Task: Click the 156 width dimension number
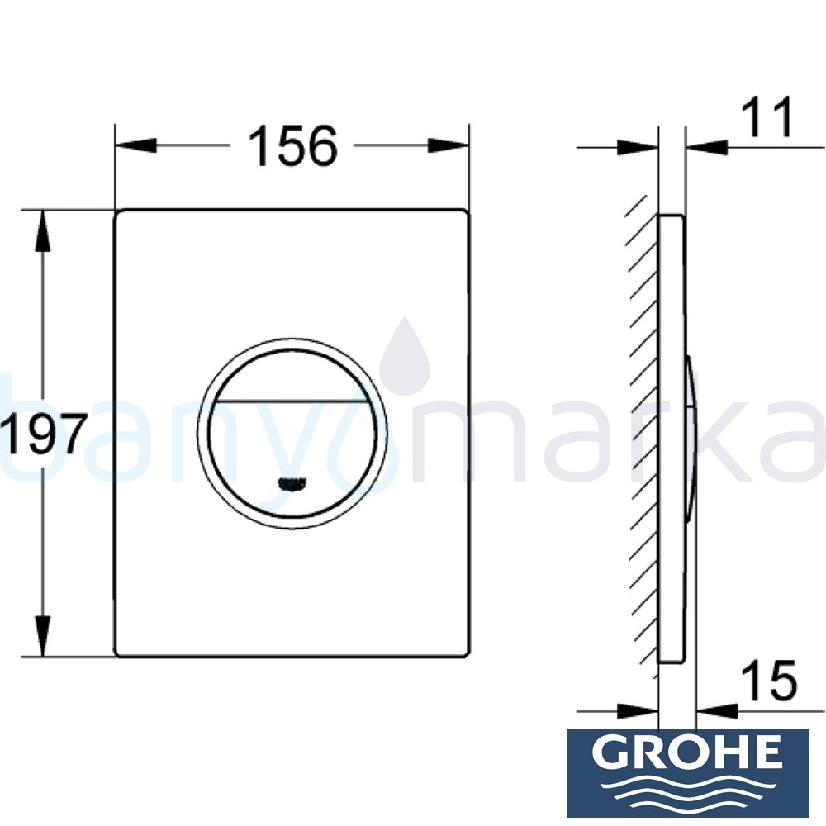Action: click(x=293, y=146)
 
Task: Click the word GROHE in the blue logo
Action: click(x=688, y=752)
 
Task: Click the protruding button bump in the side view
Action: click(x=691, y=435)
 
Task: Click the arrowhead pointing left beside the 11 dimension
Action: click(x=707, y=147)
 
